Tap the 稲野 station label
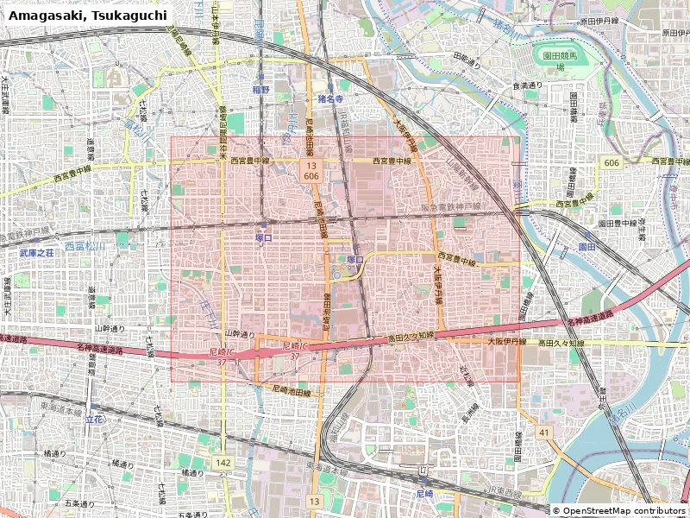pyautogui.click(x=260, y=89)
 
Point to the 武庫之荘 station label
pyautogui.click(x=36, y=255)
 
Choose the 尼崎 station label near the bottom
pyautogui.click(x=423, y=495)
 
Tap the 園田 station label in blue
pyautogui.click(x=586, y=247)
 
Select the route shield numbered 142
pyautogui.click(x=223, y=464)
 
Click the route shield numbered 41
pyautogui.click(x=543, y=432)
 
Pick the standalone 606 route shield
pyautogui.click(x=612, y=162)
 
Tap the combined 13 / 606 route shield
pyautogui.click(x=310, y=170)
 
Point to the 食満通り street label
pyautogui.click(x=527, y=85)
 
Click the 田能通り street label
pyautogui.click(x=472, y=58)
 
